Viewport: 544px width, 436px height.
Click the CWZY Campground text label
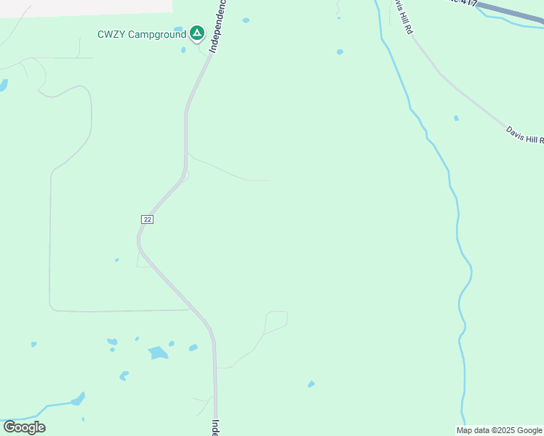(141, 34)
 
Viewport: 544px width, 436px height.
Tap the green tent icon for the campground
(196, 33)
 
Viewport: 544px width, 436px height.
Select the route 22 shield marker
(148, 219)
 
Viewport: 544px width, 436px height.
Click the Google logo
(24, 427)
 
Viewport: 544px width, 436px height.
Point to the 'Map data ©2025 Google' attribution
(500, 430)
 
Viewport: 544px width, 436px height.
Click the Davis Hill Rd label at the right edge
(525, 134)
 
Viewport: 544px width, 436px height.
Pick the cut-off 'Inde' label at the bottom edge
(216, 427)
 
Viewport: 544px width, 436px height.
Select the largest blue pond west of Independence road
(158, 353)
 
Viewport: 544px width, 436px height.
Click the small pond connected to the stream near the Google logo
(77, 399)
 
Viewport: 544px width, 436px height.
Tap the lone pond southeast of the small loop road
(311, 384)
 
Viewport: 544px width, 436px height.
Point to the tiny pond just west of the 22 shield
(116, 260)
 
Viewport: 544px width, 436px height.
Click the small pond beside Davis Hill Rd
(456, 118)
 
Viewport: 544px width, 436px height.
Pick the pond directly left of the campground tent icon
(178, 30)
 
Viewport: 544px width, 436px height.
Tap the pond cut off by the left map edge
(3, 85)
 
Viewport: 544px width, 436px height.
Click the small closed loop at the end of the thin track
(276, 319)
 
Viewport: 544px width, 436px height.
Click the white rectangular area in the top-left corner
(86, 6)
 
